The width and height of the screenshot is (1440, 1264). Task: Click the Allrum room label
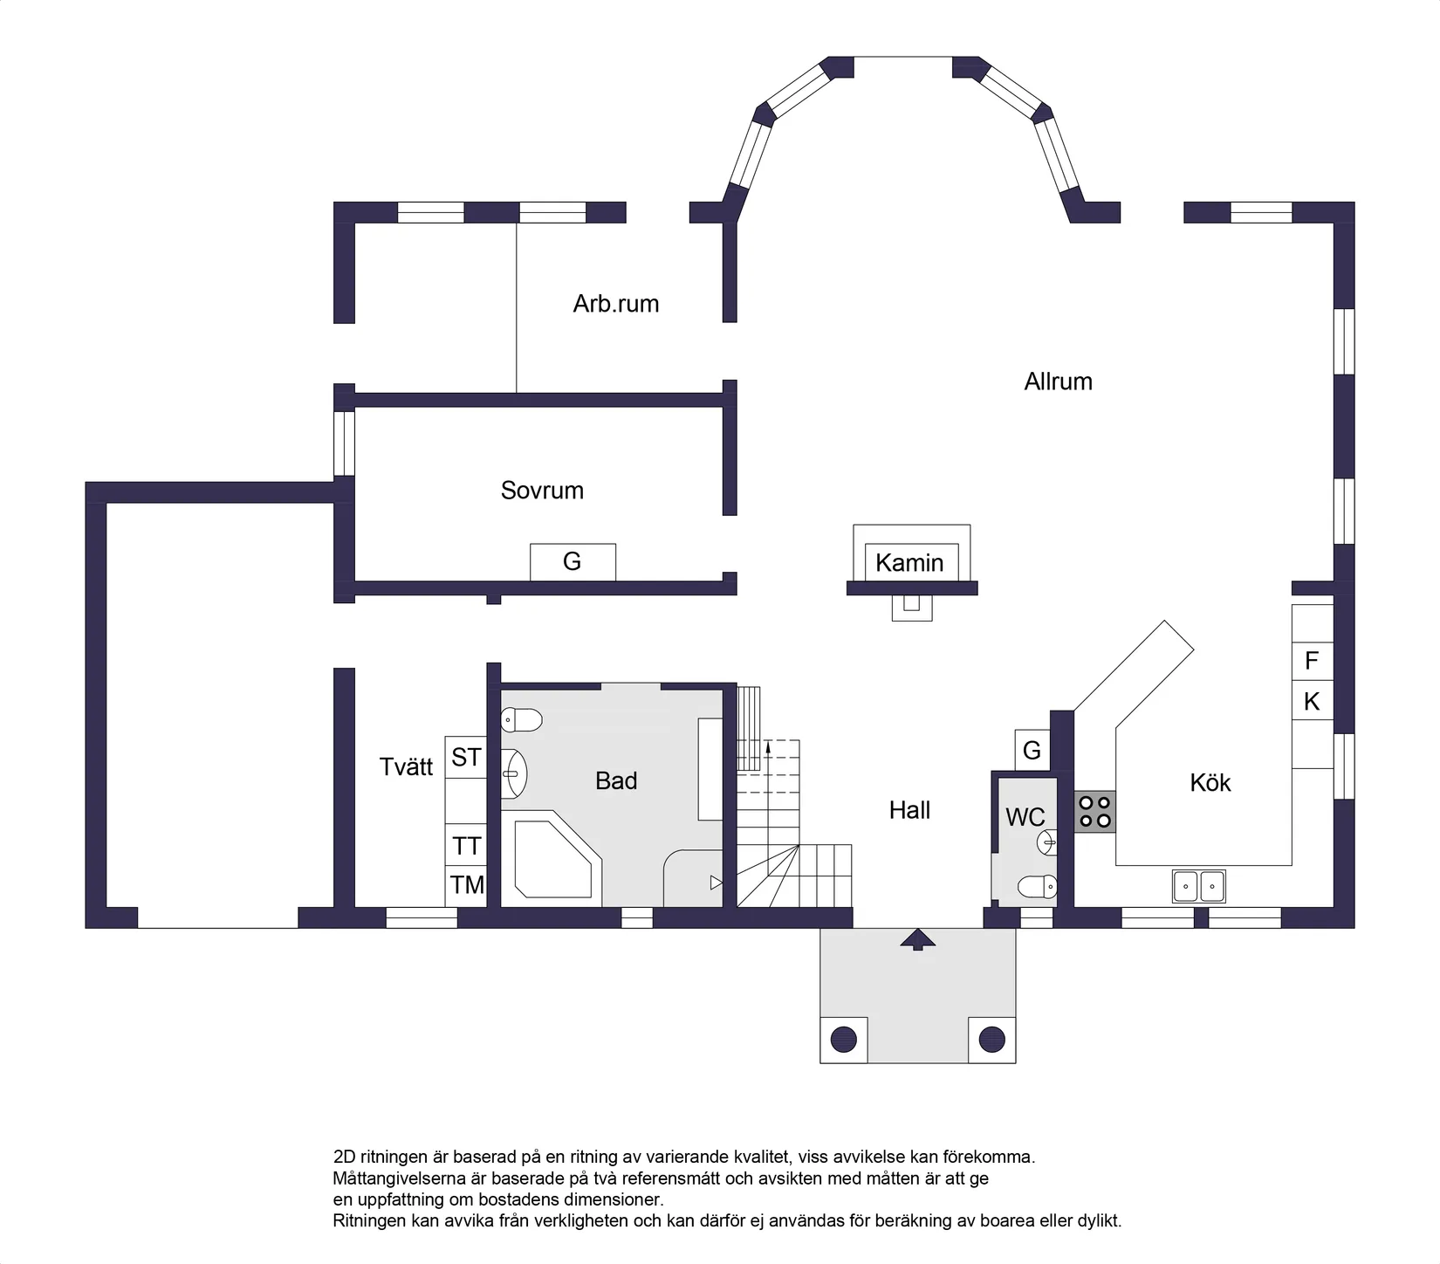(1058, 381)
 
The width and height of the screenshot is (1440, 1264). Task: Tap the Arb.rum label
(615, 304)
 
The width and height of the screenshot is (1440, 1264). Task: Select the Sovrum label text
(542, 491)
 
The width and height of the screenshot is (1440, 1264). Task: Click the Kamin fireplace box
(910, 562)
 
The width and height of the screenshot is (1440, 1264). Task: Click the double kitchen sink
(1198, 886)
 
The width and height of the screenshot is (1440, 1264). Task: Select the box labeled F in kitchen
(1312, 661)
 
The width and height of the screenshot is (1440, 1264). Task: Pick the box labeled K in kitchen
(1312, 701)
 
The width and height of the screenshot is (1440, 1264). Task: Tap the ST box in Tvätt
(465, 757)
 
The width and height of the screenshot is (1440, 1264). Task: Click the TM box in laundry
(466, 885)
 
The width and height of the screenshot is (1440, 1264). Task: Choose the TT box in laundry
(466, 846)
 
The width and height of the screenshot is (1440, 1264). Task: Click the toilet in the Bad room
(522, 720)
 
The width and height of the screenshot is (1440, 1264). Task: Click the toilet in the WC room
(1038, 888)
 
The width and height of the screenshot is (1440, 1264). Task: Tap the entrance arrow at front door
(917, 940)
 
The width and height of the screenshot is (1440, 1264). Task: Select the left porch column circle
(843, 1040)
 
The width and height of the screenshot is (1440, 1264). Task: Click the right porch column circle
(992, 1040)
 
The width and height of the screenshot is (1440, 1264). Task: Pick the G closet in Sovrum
(573, 561)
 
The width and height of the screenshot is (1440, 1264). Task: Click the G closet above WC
(1032, 750)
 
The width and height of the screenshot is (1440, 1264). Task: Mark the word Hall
(909, 810)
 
